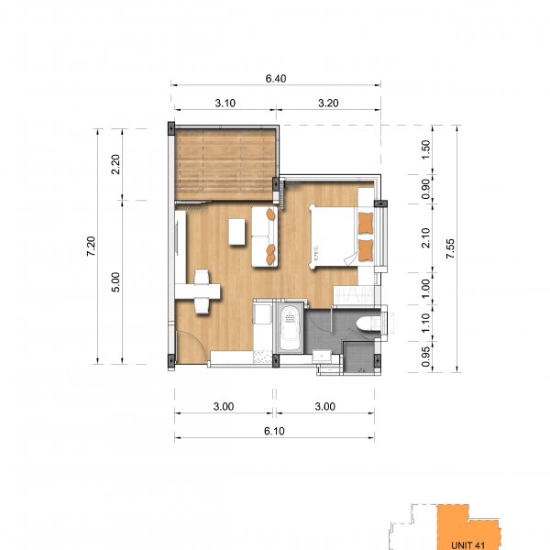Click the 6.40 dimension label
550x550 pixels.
[x=276, y=79]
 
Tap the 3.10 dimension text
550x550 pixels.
[x=225, y=104]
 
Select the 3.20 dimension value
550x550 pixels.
[x=328, y=104]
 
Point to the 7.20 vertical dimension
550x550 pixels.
[x=91, y=247]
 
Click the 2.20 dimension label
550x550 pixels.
[x=115, y=164]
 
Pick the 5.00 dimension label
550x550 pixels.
[x=115, y=282]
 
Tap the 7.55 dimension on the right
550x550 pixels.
[x=450, y=248]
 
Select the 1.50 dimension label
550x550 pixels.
[x=425, y=149]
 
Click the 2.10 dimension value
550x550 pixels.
[x=425, y=237]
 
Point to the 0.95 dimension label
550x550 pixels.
[x=425, y=357]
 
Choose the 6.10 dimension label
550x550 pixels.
[x=274, y=431]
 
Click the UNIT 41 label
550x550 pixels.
[x=467, y=545]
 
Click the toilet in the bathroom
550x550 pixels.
[x=368, y=324]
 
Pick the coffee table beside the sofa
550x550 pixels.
[x=237, y=232]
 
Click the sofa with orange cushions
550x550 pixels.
[x=265, y=236]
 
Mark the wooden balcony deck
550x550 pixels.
[x=225, y=164]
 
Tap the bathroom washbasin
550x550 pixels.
[x=322, y=356]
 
